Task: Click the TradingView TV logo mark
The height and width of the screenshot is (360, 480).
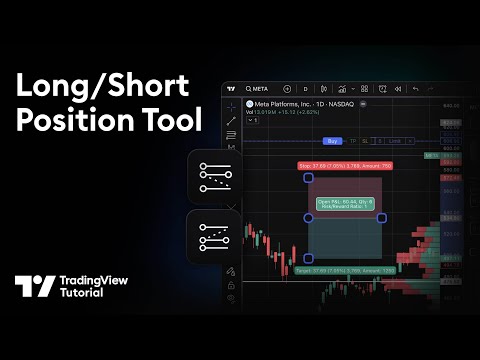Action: pos(35,287)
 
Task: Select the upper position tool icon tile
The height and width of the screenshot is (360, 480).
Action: pos(214,178)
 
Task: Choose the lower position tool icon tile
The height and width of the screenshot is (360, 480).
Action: pos(214,236)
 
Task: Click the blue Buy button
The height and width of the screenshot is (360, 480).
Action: pos(333,141)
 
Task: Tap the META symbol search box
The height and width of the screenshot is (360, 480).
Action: pos(251,88)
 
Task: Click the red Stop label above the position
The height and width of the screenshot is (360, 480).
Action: pos(345,166)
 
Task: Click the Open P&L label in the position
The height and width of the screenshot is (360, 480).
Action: pos(345,205)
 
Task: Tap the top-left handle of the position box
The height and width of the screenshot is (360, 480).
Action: pos(308,177)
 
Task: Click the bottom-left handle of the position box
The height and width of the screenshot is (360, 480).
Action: pos(308,258)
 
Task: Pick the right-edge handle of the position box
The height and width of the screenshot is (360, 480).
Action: pos(382,217)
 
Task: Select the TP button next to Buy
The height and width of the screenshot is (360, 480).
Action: pos(352,141)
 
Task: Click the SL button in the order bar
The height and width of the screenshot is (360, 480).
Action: pos(365,141)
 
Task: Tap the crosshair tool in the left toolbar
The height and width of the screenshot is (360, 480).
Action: pos(231,105)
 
